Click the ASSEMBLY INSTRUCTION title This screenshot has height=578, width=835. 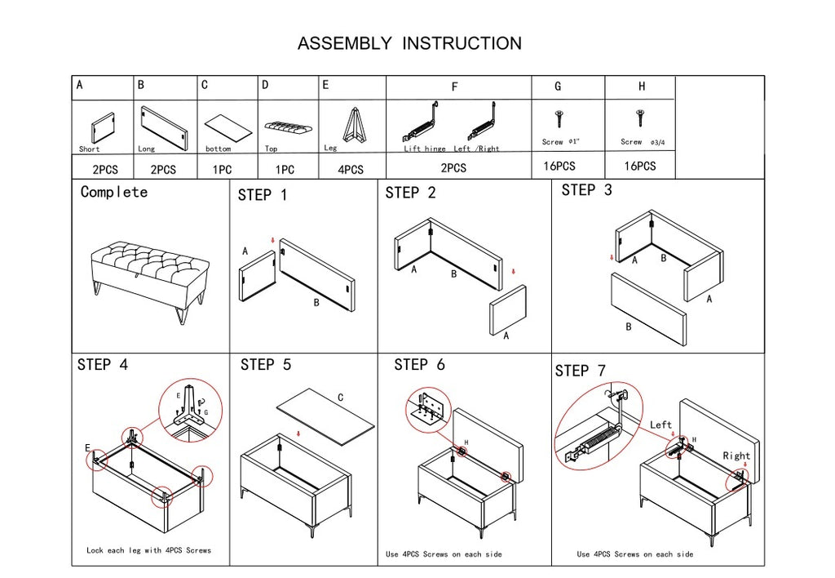(x=409, y=43)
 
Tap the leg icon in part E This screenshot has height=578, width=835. (x=353, y=126)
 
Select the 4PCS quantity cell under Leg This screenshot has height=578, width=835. (x=351, y=170)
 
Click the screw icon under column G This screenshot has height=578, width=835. (x=559, y=119)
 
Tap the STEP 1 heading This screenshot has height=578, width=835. (x=263, y=196)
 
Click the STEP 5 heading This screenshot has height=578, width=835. (x=266, y=365)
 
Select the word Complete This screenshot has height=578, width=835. (x=114, y=193)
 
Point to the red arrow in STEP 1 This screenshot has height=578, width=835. (x=272, y=240)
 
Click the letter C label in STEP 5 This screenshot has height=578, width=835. (x=340, y=398)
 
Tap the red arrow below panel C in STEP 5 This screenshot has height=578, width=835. (x=299, y=433)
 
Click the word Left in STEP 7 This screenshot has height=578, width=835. (x=661, y=425)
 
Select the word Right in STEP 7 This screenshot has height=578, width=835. (x=736, y=456)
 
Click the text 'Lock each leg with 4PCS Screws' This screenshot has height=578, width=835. (x=148, y=550)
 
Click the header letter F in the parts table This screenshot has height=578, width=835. (x=454, y=87)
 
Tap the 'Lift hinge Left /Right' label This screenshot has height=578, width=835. (x=452, y=149)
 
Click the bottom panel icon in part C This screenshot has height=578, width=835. (x=227, y=127)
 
